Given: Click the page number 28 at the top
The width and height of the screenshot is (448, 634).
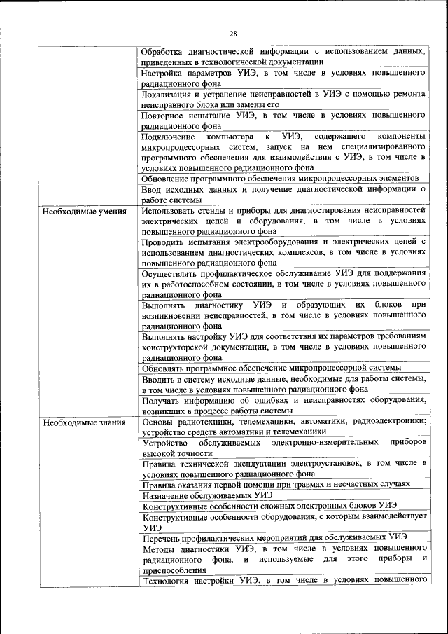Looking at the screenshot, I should (x=233, y=33).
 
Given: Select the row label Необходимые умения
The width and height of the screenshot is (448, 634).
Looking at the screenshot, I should (x=84, y=211).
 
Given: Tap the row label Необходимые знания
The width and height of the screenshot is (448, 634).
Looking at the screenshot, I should (x=84, y=422).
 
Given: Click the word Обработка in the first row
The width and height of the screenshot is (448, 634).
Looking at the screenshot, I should (x=164, y=52).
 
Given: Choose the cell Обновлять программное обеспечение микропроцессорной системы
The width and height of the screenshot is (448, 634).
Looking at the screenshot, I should (x=271, y=368).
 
